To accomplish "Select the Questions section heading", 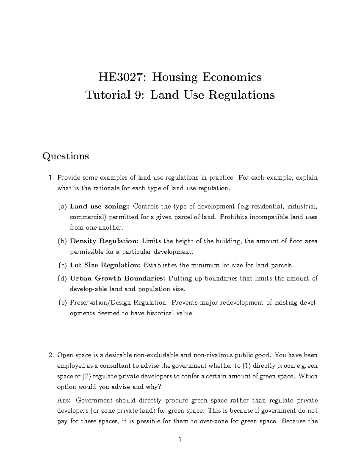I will (66, 156).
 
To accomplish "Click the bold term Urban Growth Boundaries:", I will (118, 278).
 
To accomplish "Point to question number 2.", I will (51, 356).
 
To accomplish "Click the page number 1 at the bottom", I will (180, 440).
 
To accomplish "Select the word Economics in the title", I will (232, 77).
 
